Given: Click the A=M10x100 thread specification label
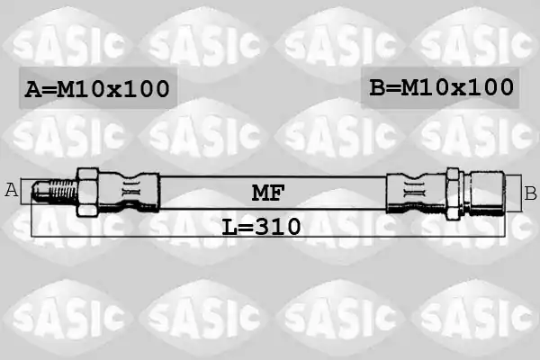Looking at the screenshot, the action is coord(97,89).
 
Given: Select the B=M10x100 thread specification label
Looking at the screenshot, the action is coord(442,87).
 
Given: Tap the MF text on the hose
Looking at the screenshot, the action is coord(268,193).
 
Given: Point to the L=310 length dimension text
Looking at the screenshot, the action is coord(261,227).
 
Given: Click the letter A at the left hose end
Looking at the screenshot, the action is coord(12,190).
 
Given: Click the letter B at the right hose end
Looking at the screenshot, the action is coord(530,193).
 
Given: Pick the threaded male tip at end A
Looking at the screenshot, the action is coord(54,191).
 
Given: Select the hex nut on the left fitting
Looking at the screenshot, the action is coord(88,193).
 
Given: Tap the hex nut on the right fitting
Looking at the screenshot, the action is coord(454,194).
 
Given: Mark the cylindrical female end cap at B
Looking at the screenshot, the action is coord(488,193).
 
